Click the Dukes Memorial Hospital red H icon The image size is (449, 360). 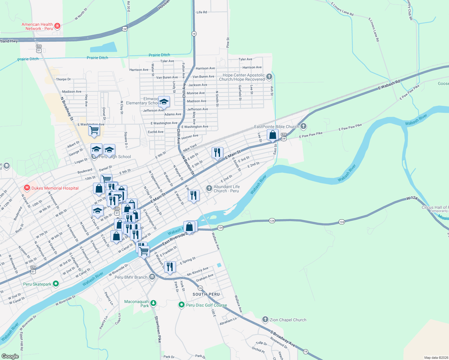pyautogui.click(x=27, y=188)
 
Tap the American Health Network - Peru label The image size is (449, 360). pyautogui.click(x=37, y=26)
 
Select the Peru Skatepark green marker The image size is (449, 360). pyautogui.click(x=56, y=284)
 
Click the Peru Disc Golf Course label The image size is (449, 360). pyautogui.click(x=206, y=305)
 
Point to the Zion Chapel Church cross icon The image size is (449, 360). pyautogui.click(x=265, y=319)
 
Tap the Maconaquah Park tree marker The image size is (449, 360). pyautogui.click(x=153, y=303)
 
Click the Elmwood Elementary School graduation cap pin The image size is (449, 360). pyautogui.click(x=164, y=101)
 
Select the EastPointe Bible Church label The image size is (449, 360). pyautogui.click(x=276, y=127)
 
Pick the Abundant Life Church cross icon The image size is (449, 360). pyautogui.click(x=209, y=188)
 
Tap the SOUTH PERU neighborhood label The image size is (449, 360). pyautogui.click(x=206, y=294)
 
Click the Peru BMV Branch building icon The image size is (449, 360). pyautogui.click(x=152, y=277)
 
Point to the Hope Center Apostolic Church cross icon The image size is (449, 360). pyautogui.click(x=269, y=76)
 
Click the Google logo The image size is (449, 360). pyautogui.click(x=10, y=356)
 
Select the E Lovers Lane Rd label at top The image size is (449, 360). pyautogui.click(x=342, y=9)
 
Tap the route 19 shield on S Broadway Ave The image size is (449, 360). pyautogui.click(x=306, y=351)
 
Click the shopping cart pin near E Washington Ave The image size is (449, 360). pyautogui.click(x=94, y=130)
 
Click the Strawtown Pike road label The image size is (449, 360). pyautogui.click(x=158, y=329)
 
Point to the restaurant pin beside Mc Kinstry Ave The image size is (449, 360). pyautogui.click(x=170, y=267)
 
